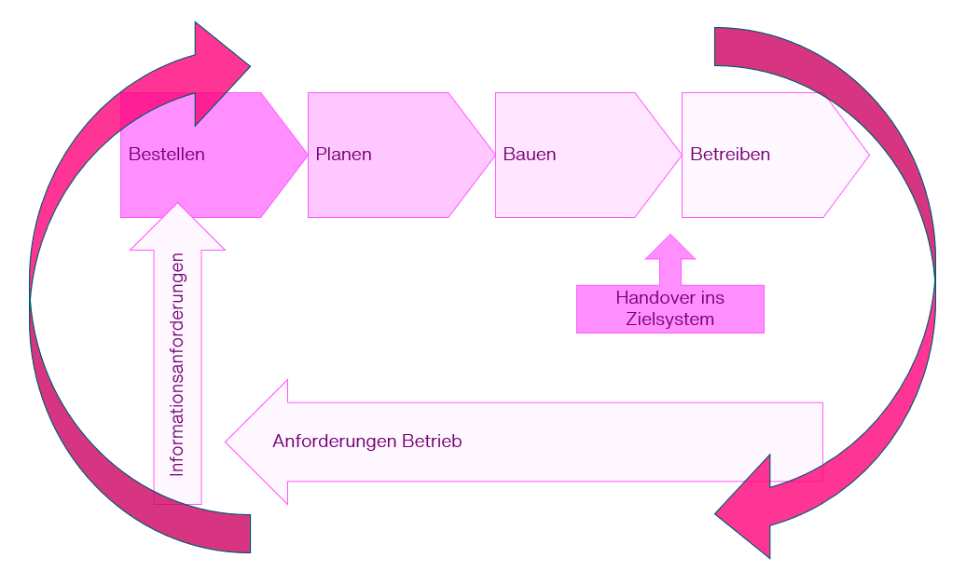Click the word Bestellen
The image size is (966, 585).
click(167, 155)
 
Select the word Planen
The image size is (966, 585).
click(343, 155)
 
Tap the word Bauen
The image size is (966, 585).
click(530, 155)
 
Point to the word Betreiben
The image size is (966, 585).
click(730, 155)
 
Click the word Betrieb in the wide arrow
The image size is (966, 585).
click(432, 442)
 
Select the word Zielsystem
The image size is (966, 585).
click(669, 320)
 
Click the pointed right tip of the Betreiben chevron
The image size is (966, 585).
click(867, 155)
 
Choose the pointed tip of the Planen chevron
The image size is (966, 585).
click(492, 155)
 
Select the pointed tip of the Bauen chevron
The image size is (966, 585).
click(680, 155)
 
